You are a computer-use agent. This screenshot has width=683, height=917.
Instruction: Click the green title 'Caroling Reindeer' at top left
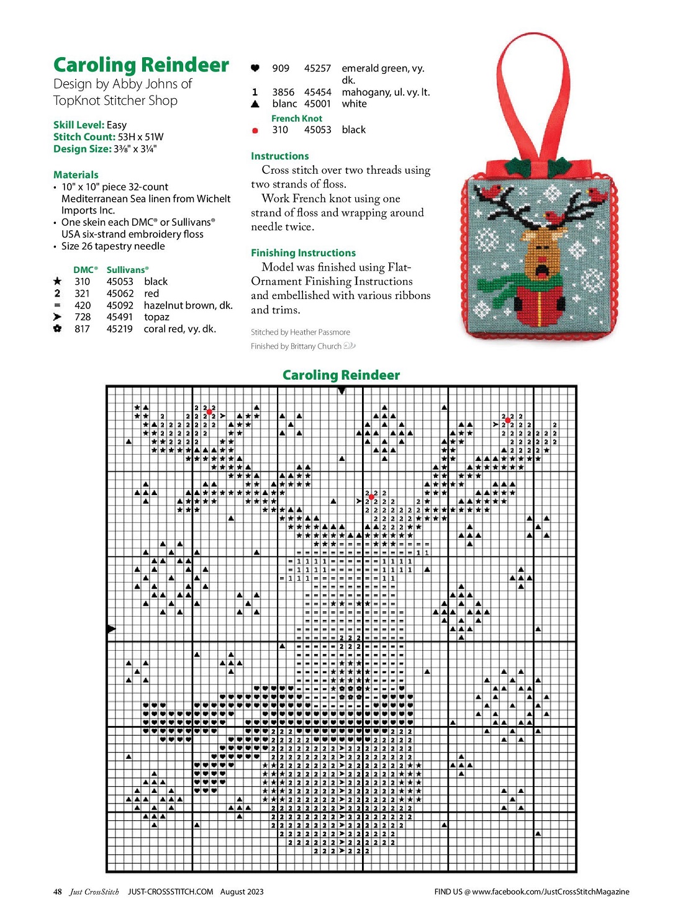pos(141,65)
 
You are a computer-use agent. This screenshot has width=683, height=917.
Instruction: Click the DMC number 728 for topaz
pos(83,317)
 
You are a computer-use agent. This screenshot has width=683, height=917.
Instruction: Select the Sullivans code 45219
pos(119,329)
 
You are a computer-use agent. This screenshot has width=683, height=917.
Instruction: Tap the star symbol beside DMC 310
pos(58,282)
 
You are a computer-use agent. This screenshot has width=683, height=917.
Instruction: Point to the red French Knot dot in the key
pos(255,130)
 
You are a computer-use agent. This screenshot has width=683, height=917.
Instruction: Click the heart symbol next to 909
pos(255,68)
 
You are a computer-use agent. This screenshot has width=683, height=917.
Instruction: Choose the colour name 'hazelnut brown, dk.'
pos(188,305)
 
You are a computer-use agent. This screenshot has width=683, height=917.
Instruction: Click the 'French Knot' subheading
pos(297,119)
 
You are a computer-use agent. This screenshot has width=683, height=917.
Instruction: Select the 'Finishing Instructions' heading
pos(303,253)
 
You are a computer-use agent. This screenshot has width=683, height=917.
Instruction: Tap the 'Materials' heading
pos(76,175)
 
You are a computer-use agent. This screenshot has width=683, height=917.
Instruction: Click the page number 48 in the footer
pos(58,892)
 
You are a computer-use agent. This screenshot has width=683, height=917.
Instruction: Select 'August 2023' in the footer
pos(242,892)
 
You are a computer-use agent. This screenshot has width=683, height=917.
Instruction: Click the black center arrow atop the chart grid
pos(341,391)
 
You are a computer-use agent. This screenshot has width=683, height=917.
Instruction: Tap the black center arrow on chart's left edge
pos(111,629)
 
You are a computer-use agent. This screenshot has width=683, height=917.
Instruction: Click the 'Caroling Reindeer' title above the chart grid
pos(341,375)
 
